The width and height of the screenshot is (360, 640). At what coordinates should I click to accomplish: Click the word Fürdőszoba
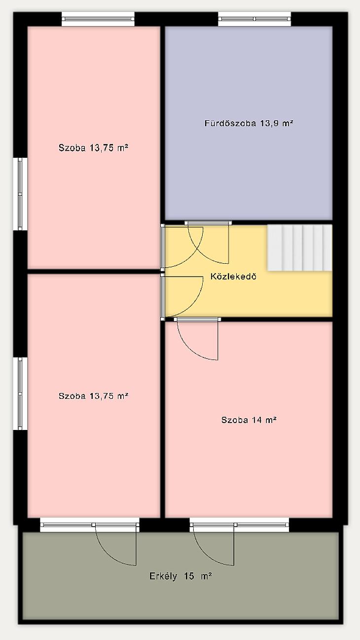point(230,123)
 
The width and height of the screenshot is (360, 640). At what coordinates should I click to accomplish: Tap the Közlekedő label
point(233,276)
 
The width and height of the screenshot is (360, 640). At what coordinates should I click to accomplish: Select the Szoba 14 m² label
point(249,420)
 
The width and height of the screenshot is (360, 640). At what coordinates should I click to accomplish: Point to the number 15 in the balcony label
point(189,576)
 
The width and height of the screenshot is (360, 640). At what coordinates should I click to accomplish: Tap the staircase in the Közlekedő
point(299,248)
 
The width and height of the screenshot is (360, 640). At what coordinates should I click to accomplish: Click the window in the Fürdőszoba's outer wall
point(254,19)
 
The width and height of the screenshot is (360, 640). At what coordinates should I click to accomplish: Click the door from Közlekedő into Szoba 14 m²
point(197,339)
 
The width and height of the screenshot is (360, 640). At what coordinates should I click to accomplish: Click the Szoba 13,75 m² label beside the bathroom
point(93,148)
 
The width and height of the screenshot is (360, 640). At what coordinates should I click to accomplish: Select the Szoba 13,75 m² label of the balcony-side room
point(93,396)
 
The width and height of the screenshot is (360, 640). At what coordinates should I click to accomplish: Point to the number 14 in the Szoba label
point(256,420)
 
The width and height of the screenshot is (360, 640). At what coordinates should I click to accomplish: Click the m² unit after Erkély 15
point(206,576)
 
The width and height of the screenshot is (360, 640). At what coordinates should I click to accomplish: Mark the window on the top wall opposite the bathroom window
point(98,19)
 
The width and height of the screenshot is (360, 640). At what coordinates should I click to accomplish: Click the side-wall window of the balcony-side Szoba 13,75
point(20,393)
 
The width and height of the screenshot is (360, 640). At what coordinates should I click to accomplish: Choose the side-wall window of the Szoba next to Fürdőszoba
point(20,194)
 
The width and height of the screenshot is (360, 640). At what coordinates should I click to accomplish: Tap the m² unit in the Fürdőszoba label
point(288,123)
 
